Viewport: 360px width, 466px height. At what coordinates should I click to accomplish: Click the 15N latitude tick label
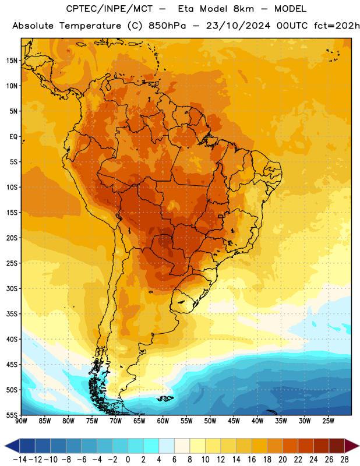[x=12, y=61]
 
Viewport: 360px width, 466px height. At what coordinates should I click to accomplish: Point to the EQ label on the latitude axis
[x=13, y=137]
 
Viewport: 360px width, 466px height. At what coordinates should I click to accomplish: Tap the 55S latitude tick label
[x=12, y=415]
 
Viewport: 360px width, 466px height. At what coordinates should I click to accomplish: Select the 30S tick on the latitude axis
[x=12, y=288]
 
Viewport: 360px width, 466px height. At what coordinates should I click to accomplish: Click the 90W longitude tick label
[x=21, y=421]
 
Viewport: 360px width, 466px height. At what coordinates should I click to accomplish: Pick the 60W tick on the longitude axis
[x=163, y=421]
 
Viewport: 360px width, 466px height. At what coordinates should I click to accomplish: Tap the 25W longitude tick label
[x=328, y=421]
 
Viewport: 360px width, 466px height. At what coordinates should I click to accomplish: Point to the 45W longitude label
[x=234, y=421]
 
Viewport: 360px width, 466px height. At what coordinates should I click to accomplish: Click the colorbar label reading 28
[x=344, y=460]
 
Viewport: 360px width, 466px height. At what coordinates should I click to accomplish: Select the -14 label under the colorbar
[x=20, y=460]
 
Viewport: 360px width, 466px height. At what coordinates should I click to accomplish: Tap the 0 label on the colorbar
[x=128, y=460]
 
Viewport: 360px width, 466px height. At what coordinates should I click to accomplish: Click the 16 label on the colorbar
[x=252, y=460]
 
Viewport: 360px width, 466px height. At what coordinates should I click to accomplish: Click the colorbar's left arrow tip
[x=5, y=446]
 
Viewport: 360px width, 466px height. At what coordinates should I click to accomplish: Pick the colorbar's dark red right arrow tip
[x=359, y=446]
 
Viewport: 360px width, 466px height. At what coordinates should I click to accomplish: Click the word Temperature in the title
[x=90, y=26]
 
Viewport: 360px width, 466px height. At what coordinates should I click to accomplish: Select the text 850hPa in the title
[x=167, y=26]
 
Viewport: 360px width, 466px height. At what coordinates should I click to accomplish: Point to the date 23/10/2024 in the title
[x=238, y=26]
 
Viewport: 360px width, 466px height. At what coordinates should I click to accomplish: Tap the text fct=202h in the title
[x=337, y=26]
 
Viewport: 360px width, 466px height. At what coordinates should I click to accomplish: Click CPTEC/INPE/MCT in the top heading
[x=110, y=9]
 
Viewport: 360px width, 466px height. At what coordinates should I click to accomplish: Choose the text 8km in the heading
[x=243, y=9]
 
